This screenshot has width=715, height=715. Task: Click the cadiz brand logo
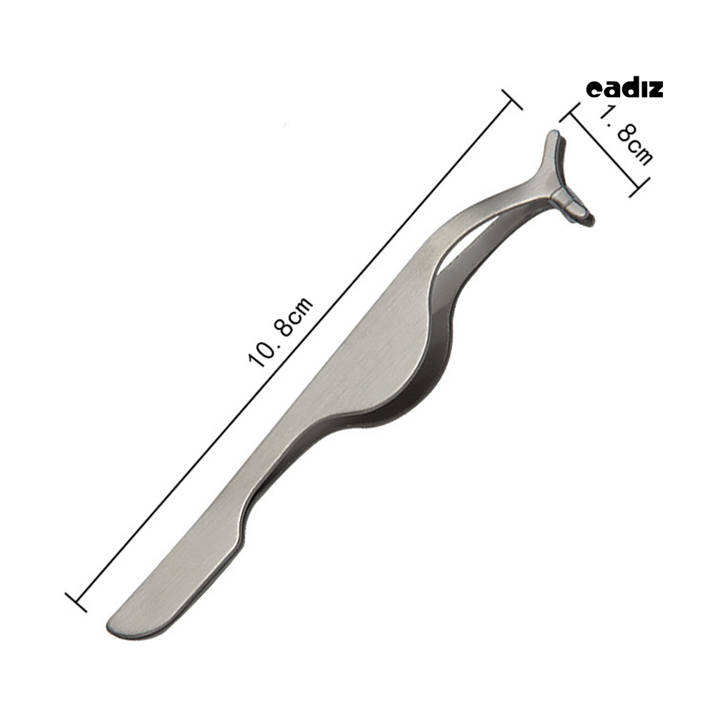pyautogui.click(x=624, y=89)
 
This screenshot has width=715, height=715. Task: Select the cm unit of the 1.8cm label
pyautogui.click(x=641, y=151)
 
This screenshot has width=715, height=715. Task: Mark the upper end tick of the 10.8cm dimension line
pyautogui.click(x=512, y=99)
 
